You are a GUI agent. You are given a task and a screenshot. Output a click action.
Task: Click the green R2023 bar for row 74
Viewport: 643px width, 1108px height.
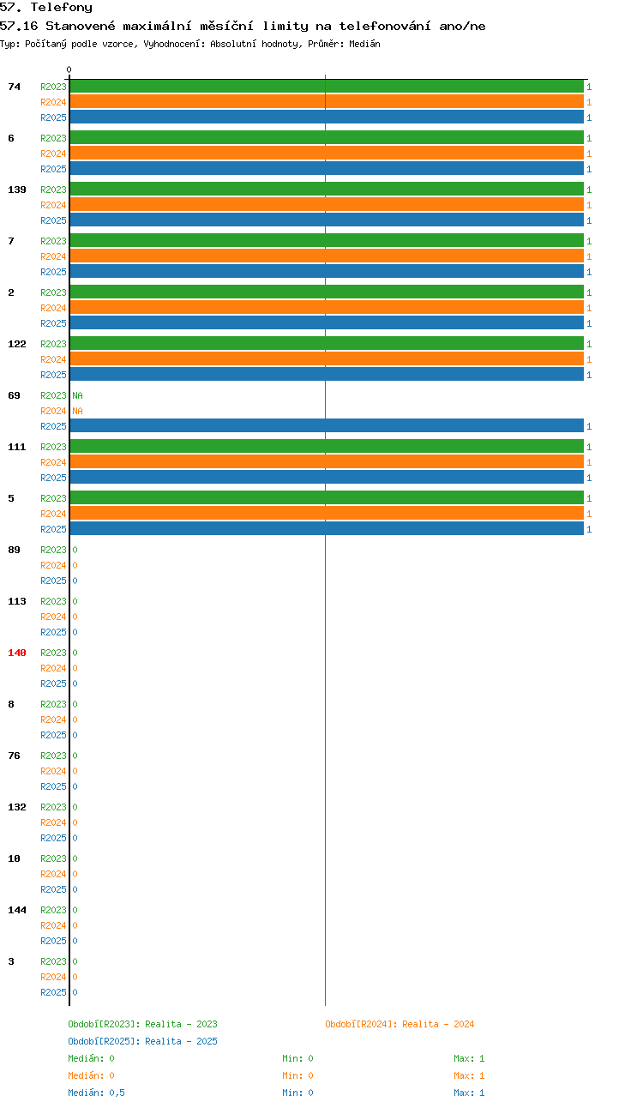(327, 87)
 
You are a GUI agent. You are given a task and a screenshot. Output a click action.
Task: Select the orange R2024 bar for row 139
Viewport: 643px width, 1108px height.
(327, 205)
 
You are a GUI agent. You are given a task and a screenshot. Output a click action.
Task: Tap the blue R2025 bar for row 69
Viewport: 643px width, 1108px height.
(327, 426)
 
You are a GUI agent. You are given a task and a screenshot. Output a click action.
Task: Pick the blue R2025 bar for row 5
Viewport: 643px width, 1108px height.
(327, 529)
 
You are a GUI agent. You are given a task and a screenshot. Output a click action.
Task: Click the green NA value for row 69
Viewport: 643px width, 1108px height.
(78, 395)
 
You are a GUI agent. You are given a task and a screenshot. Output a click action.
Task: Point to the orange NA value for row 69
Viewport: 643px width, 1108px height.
(78, 411)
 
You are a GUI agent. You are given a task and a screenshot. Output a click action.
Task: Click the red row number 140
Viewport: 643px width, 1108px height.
(17, 653)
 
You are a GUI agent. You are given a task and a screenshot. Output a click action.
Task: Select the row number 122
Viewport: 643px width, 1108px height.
(17, 344)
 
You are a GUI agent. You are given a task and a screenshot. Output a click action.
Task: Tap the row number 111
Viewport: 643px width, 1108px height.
(17, 447)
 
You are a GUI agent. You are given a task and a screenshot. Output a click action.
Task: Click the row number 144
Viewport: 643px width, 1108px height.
(17, 910)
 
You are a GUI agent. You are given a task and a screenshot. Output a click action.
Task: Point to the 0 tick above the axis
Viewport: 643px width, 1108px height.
(69, 69)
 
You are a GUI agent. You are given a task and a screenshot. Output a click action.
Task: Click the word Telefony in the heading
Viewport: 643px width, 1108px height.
(62, 8)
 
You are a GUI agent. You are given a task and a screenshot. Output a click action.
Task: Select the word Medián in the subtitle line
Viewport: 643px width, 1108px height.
(364, 44)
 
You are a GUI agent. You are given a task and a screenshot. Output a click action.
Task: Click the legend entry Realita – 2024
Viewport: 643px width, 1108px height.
(438, 1024)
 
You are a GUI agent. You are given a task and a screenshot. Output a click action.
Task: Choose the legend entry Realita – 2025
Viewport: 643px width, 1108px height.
(181, 1041)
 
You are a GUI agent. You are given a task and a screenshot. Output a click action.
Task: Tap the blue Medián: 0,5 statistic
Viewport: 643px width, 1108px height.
(96, 1093)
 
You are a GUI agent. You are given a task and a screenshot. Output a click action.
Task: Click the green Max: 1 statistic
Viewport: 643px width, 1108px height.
(469, 1058)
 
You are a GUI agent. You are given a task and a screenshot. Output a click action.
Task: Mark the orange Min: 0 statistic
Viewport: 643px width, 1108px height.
(297, 1075)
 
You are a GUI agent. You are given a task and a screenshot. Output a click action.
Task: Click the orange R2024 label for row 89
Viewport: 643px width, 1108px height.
(53, 565)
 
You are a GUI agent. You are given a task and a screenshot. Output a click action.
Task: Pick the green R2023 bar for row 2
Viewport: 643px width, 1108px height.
(327, 292)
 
